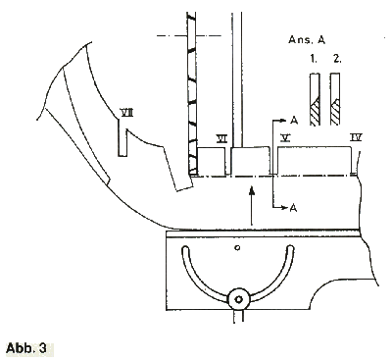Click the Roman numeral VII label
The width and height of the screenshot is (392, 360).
pyautogui.click(x=126, y=112)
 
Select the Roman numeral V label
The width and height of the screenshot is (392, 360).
pyautogui.click(x=284, y=138)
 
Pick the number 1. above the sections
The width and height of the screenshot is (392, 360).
pyautogui.click(x=313, y=61)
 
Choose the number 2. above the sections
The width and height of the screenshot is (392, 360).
pyautogui.click(x=336, y=61)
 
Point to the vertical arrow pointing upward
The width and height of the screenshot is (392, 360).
pyautogui.click(x=252, y=206)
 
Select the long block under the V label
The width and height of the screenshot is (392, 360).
pyautogui.click(x=314, y=160)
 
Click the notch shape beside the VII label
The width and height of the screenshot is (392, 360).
pyautogui.click(x=122, y=137)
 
